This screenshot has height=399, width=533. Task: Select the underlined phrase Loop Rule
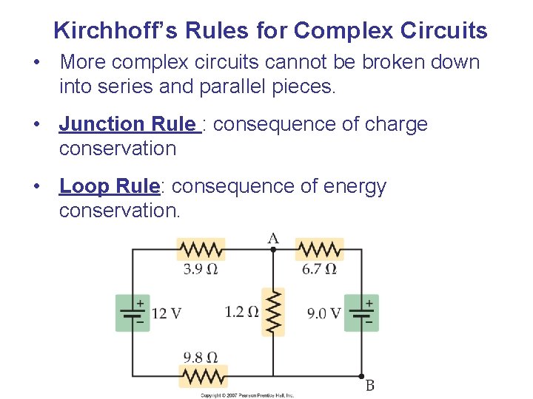tap(109, 186)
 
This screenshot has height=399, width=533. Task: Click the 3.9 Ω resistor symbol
tap(201, 249)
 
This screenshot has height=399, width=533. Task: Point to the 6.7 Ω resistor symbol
tap(319, 249)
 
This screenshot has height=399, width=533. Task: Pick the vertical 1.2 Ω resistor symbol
tap(273, 312)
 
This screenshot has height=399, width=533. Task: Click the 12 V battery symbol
tap(133, 313)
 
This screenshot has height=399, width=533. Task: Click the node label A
tap(273, 238)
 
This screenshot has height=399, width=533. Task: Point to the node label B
tap(369, 386)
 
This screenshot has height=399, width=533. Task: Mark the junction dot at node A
tap(273, 250)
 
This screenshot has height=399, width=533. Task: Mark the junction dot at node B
tap(361, 375)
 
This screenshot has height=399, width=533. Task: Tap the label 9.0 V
tap(324, 313)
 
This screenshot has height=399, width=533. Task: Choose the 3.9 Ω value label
tap(201, 269)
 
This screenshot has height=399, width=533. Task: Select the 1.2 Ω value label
tap(241, 312)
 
